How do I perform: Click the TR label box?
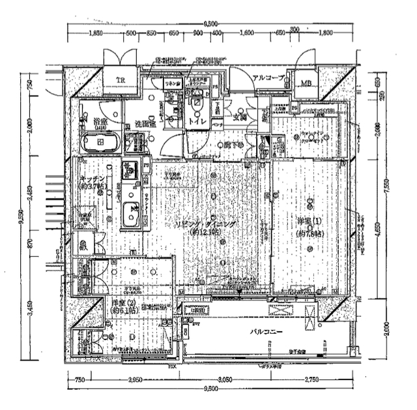point(120,80)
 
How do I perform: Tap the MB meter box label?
point(306,83)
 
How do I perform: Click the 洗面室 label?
point(145,123)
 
